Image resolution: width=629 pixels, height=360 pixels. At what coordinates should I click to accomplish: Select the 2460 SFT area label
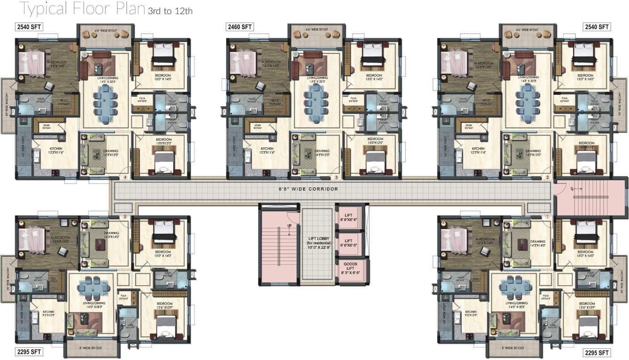(x=239, y=27)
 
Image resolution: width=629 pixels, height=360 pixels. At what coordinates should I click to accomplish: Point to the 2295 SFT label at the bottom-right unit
(x=597, y=352)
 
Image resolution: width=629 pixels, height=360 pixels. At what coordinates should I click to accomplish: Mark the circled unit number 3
(x=336, y=178)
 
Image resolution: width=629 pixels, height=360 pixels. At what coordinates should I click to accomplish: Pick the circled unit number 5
(x=125, y=217)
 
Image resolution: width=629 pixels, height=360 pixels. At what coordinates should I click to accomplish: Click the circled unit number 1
(x=547, y=217)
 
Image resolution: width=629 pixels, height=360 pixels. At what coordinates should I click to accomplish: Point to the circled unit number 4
(x=125, y=178)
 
